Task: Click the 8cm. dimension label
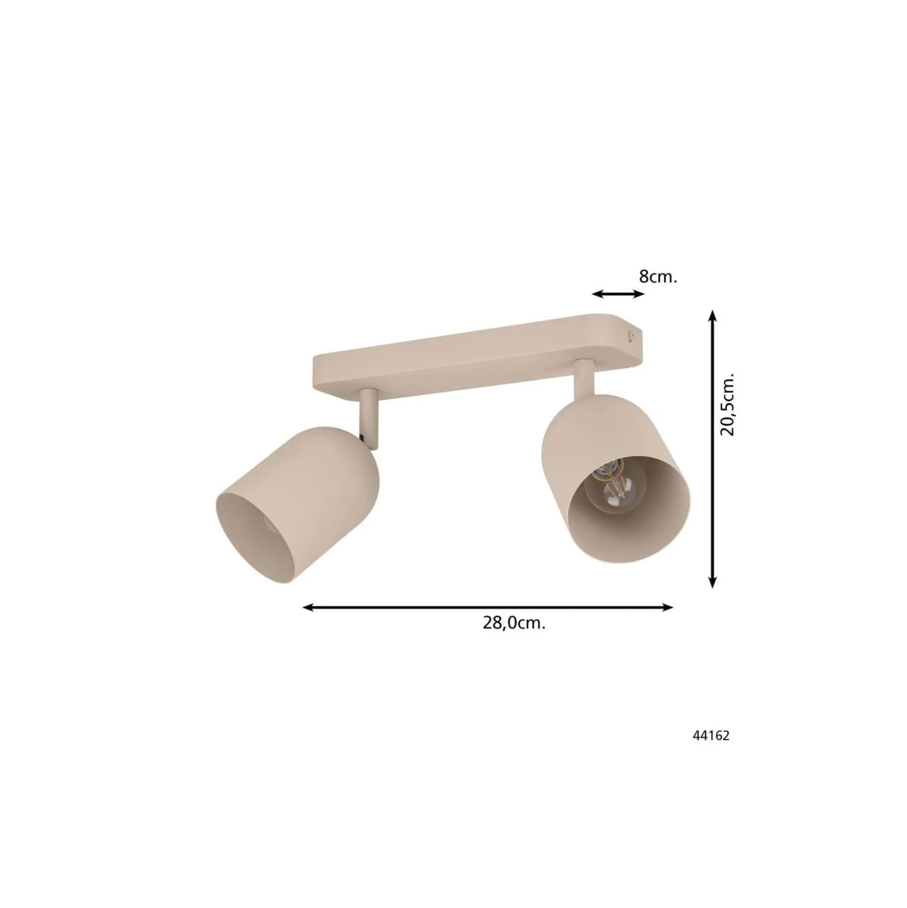point(658,277)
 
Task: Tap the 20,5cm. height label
point(727,404)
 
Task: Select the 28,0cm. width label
point(514,623)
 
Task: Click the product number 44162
point(710,736)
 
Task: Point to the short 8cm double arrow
point(619,294)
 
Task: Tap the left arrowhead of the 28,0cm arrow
point(309,607)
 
